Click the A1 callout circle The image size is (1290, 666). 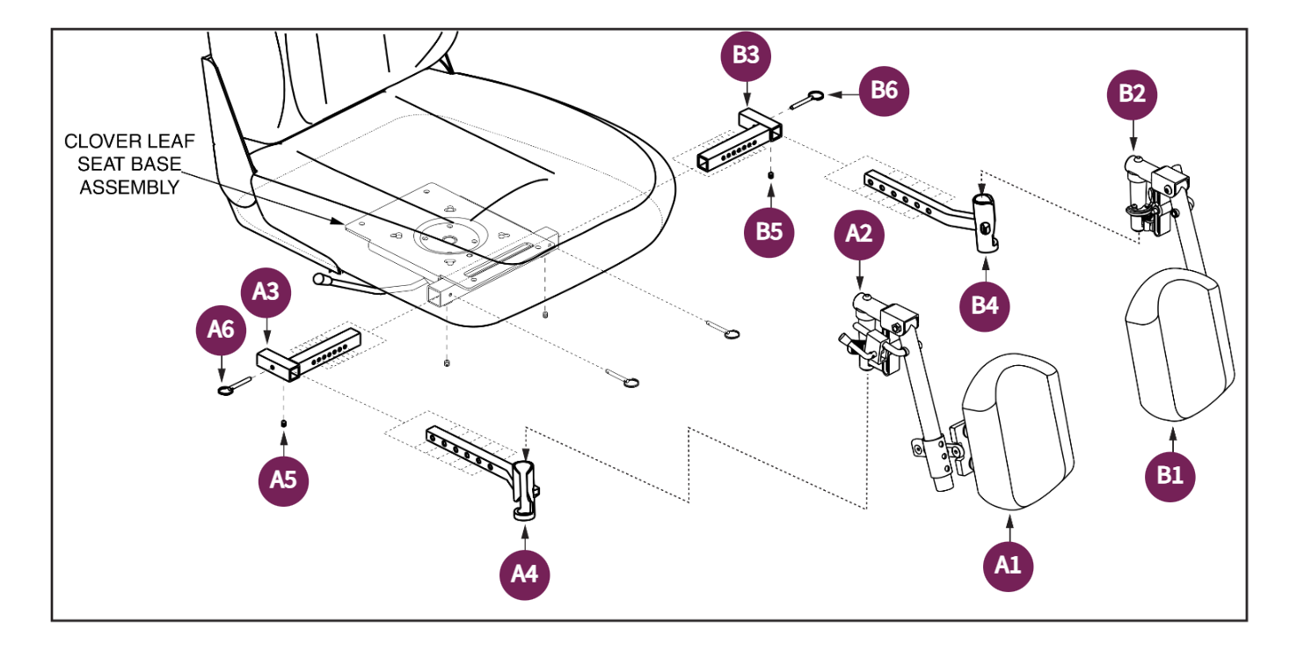pyautogui.click(x=1008, y=566)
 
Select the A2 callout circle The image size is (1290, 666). pyautogui.click(x=859, y=233)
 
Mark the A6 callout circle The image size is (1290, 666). pyautogui.click(x=220, y=329)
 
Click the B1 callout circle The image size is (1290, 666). pyautogui.click(x=1170, y=475)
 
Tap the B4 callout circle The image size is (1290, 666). pyautogui.click(x=984, y=305)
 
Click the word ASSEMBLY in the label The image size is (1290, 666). pyautogui.click(x=129, y=187)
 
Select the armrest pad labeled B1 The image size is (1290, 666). pyautogui.click(x=1181, y=348)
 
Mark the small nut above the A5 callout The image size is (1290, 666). pyautogui.click(x=283, y=425)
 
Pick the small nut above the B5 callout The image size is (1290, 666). pyautogui.click(x=770, y=175)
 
